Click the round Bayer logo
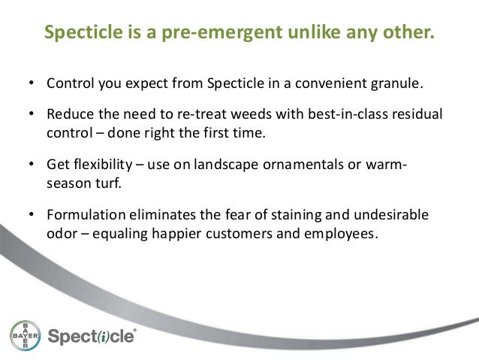coord(25,335)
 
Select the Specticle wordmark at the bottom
coord(92,336)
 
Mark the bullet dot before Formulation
coord(32,216)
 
